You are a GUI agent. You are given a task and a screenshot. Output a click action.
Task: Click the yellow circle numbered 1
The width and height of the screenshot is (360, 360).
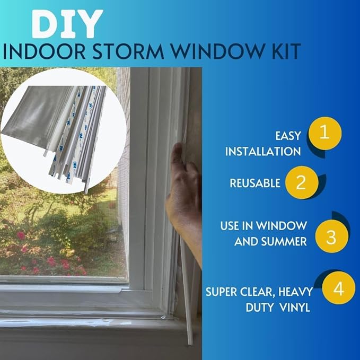point(325,133)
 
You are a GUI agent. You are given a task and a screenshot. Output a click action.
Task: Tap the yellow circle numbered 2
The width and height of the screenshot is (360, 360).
point(301,183)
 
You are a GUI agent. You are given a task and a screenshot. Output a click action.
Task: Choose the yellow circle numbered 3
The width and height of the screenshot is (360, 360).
point(331,235)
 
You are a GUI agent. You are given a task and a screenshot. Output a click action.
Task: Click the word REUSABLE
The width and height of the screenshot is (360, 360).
point(255,183)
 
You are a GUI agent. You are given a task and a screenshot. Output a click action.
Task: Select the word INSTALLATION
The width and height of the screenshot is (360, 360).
point(263,152)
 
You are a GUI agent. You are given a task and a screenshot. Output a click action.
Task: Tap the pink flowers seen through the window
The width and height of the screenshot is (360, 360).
point(50,260)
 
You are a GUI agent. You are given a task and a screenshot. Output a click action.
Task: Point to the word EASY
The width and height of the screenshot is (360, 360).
point(288,136)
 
